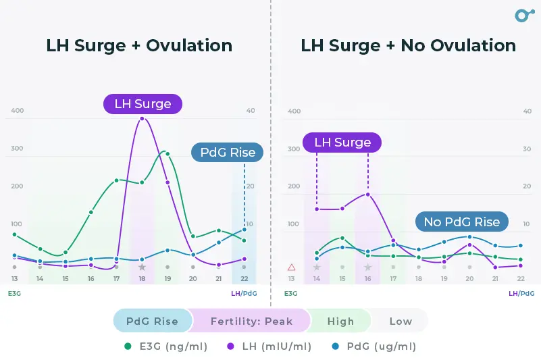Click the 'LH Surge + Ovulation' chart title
click(x=139, y=46)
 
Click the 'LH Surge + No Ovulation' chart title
click(x=408, y=46)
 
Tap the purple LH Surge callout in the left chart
click(x=143, y=104)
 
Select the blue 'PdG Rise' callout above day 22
click(x=228, y=153)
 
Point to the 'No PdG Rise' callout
click(x=461, y=222)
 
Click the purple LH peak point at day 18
click(x=142, y=119)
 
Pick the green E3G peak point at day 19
click(x=168, y=154)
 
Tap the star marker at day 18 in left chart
click(x=142, y=267)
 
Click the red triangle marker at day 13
click(x=291, y=267)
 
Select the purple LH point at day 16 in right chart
click(x=368, y=195)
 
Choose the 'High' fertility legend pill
click(x=340, y=322)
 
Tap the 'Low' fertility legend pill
click(x=400, y=322)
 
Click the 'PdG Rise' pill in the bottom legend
click(x=152, y=322)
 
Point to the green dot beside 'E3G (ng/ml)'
click(x=128, y=346)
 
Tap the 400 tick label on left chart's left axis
click(x=17, y=111)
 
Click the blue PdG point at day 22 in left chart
click(x=244, y=230)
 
